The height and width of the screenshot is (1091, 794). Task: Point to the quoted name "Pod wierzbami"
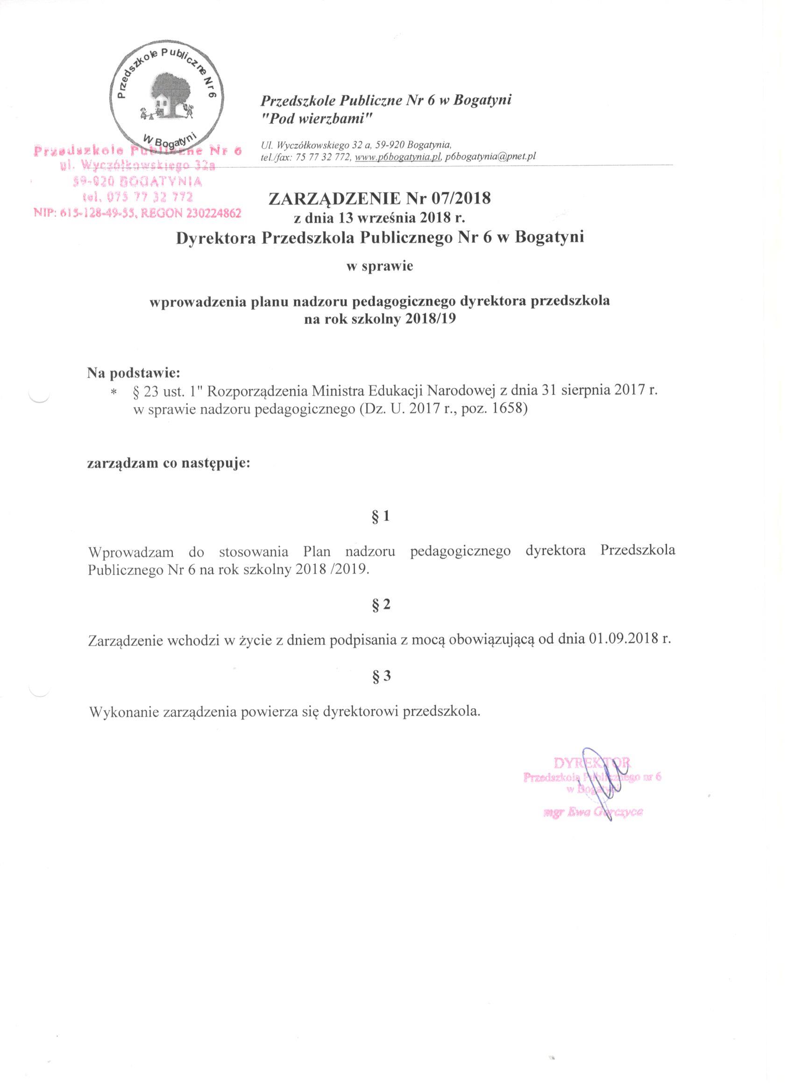(x=316, y=119)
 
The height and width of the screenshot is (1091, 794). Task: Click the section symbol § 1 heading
(x=380, y=517)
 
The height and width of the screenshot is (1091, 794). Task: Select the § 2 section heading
(x=380, y=605)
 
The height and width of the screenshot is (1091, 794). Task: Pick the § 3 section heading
(x=380, y=676)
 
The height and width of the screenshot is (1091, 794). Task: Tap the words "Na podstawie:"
(x=134, y=373)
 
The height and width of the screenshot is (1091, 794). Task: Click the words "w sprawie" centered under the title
(x=380, y=266)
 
